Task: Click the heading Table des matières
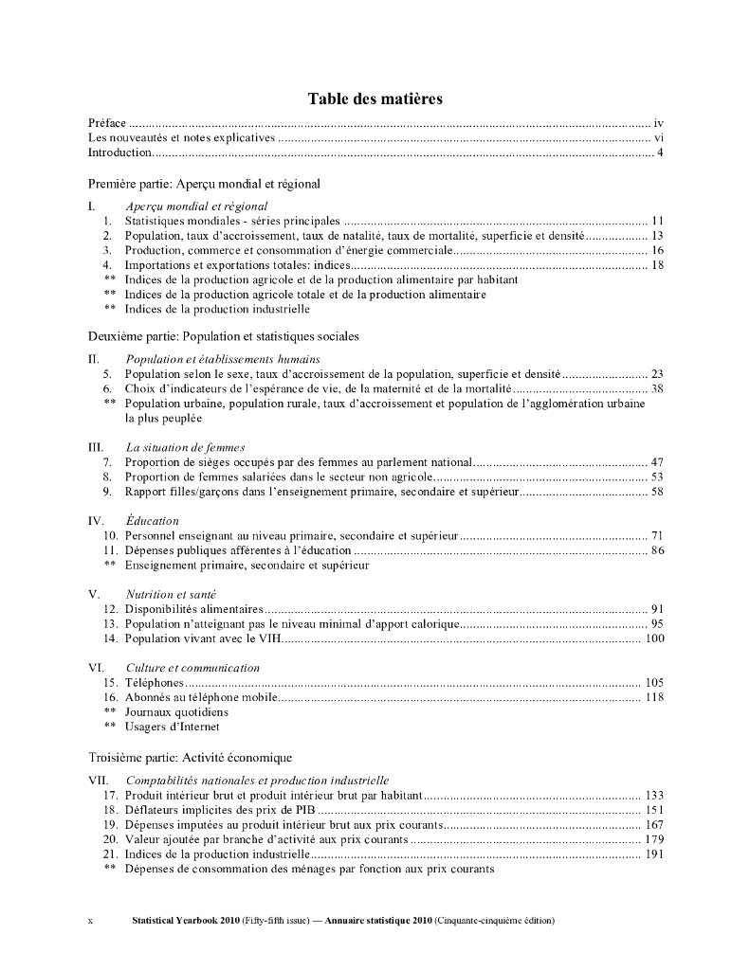[x=375, y=99]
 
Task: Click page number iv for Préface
[x=657, y=123]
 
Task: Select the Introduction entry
[x=120, y=153]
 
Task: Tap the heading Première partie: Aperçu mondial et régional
[x=204, y=183]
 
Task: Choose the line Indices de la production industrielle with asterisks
[x=217, y=309]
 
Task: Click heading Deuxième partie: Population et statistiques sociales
[x=223, y=336]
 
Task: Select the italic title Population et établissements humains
[x=223, y=359]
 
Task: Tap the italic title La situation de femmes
[x=185, y=447]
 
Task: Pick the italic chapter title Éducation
[x=152, y=521]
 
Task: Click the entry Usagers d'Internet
[x=172, y=727]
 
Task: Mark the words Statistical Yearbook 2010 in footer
[x=186, y=921]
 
